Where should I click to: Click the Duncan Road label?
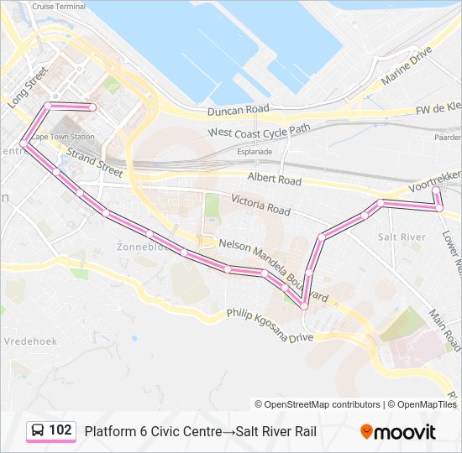[x=239, y=110]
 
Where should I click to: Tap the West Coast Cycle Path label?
[x=260, y=131]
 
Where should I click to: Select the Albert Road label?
[x=274, y=179]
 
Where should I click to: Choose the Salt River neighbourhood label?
[x=402, y=237]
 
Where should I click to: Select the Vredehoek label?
[x=29, y=341]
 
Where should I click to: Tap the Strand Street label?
[x=95, y=162]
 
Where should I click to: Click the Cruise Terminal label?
[x=58, y=6]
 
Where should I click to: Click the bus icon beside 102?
[x=38, y=430]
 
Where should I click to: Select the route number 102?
[x=60, y=430]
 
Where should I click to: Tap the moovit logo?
[x=398, y=432]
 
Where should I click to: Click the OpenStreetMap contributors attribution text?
[x=318, y=404]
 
